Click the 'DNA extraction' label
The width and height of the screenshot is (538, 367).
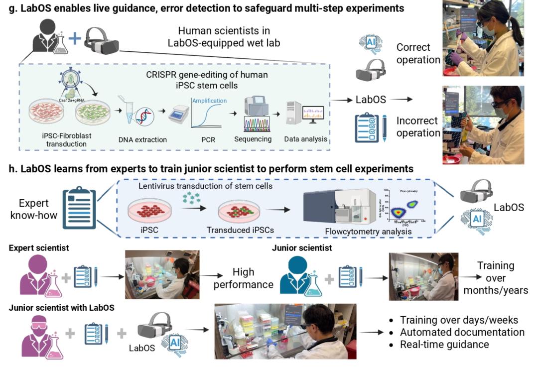[143, 140]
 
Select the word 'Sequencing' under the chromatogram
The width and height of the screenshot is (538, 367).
[253, 139]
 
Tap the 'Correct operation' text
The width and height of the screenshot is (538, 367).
[413, 53]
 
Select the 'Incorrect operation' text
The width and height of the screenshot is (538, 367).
[417, 127]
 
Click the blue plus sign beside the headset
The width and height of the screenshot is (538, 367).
[75, 39]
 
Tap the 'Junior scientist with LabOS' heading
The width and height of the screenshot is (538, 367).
[62, 308]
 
